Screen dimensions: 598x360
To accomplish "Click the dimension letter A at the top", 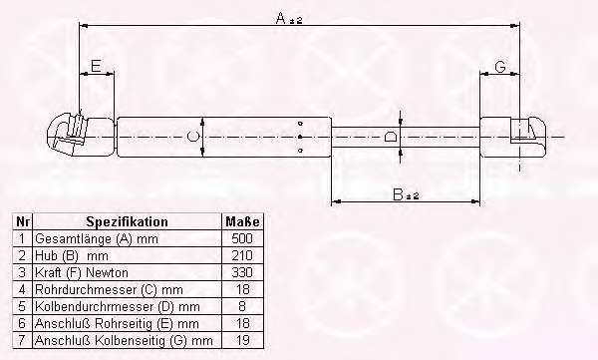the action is (x=281, y=18).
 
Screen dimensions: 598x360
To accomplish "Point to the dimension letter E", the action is (x=96, y=66).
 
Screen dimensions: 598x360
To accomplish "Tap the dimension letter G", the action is (x=500, y=67).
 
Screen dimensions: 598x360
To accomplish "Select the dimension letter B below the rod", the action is (x=398, y=194).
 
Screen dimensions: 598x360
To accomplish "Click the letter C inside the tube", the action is (x=193, y=137).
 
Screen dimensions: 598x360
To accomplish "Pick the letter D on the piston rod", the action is (x=390, y=137).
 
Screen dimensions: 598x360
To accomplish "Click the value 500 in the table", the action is (x=242, y=238).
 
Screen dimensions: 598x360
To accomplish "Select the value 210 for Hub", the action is (x=242, y=255).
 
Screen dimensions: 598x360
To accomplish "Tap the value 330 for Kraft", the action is (x=242, y=272).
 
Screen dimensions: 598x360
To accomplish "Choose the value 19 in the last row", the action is (x=242, y=340).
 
